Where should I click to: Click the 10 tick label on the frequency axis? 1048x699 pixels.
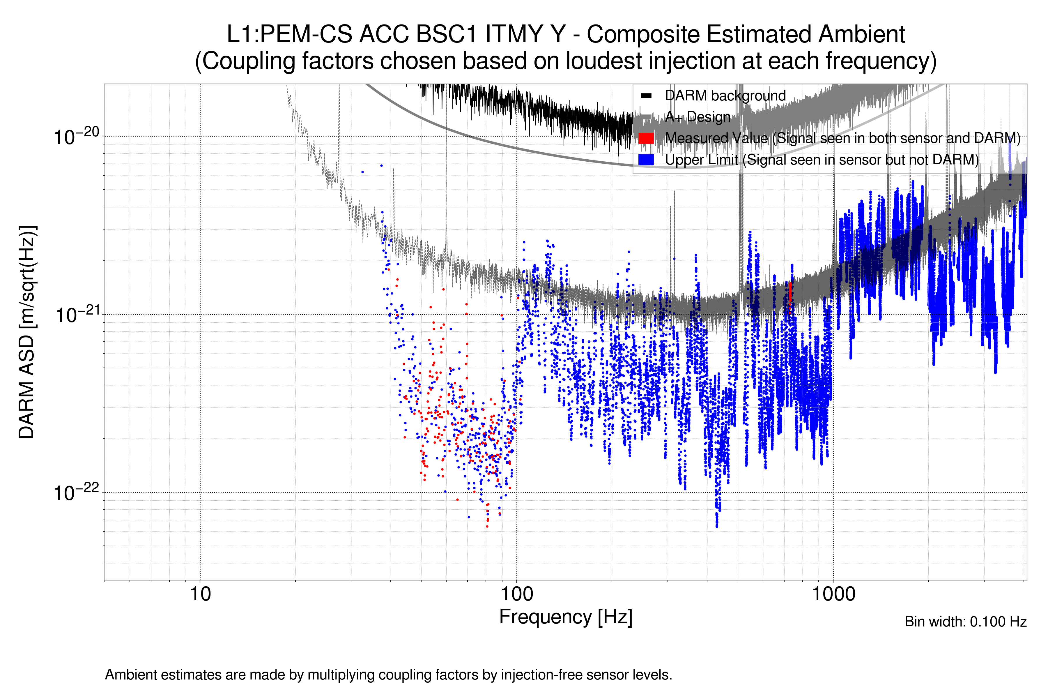pyautogui.click(x=200, y=594)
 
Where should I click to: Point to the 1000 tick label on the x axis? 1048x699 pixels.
pyautogui.click(x=833, y=594)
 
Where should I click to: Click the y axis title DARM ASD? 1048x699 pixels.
pyautogui.click(x=27, y=332)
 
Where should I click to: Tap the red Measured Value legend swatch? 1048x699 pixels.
pyautogui.click(x=646, y=138)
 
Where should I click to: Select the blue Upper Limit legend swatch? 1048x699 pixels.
pyautogui.click(x=646, y=160)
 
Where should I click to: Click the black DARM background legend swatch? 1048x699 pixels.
pyautogui.click(x=646, y=96)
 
